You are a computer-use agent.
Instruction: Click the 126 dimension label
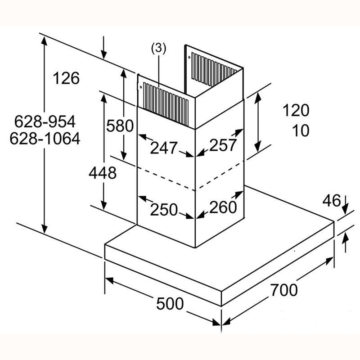point(66,78)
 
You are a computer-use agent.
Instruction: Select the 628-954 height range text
point(45,121)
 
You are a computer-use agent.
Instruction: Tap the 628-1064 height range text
point(45,139)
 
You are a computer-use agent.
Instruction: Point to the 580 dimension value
point(120,126)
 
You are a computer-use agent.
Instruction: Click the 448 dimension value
point(103,173)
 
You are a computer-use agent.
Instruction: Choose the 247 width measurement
point(164,148)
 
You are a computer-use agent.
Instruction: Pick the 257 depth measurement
point(223,145)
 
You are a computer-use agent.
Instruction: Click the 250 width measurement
point(164,209)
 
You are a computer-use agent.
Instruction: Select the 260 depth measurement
point(223,207)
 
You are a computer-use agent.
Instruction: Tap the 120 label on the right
point(296,110)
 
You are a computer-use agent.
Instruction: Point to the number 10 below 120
point(301,130)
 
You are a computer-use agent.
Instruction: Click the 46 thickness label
point(332,200)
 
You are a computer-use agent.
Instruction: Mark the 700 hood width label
point(284,290)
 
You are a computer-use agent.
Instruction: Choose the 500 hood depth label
point(170,303)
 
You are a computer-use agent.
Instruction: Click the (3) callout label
point(158,49)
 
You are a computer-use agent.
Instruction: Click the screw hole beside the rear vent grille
point(189,58)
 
